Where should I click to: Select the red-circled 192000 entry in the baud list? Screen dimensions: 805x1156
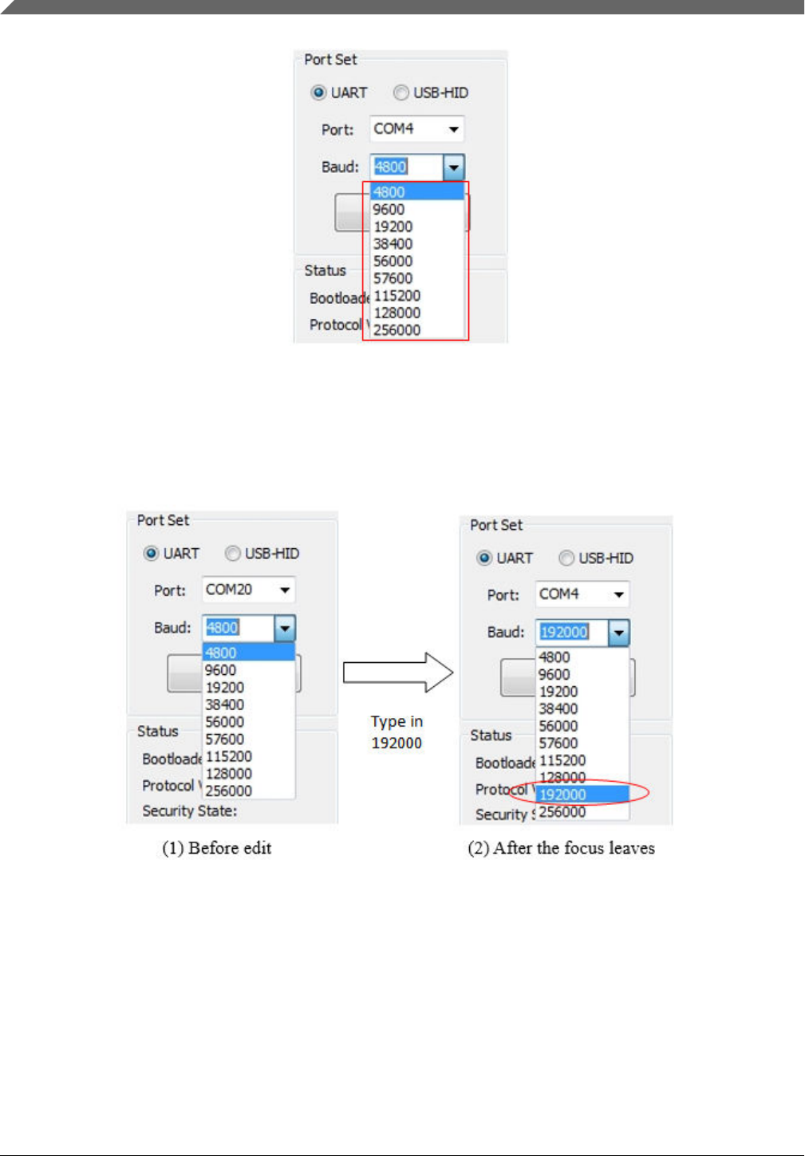562,795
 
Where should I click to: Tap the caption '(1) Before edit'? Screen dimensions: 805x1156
217,848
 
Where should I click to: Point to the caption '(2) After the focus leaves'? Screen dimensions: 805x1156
561,848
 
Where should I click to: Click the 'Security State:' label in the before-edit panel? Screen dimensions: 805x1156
189,811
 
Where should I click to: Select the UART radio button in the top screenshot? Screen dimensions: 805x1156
319,93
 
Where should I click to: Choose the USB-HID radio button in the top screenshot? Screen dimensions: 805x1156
401,93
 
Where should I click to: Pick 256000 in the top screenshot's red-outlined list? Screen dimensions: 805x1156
397,330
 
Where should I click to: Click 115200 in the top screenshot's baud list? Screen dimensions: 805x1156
397,296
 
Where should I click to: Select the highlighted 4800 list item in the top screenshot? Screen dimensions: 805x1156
416,192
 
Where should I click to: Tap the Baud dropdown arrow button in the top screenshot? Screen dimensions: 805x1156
453,168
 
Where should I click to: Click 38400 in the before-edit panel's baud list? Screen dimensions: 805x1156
225,704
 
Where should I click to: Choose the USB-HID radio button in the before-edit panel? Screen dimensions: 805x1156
233,554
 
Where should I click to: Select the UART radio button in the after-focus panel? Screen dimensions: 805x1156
484,558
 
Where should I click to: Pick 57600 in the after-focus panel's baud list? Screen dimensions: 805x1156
558,744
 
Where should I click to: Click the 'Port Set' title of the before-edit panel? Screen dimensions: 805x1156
163,520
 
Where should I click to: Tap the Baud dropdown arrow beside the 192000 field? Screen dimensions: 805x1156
618,633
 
